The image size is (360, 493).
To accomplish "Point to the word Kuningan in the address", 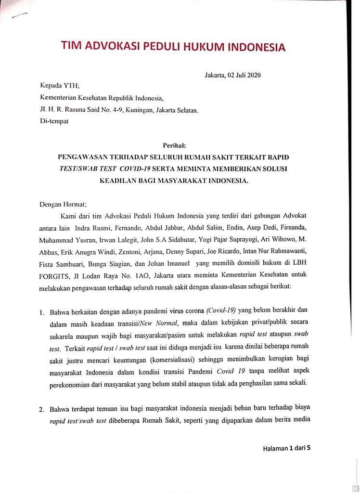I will pos(144,110).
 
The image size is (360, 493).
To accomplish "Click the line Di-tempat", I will pos(54,121).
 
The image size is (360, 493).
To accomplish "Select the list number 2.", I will pos(42,410).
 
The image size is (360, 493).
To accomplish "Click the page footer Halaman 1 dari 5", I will pos(287,447).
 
